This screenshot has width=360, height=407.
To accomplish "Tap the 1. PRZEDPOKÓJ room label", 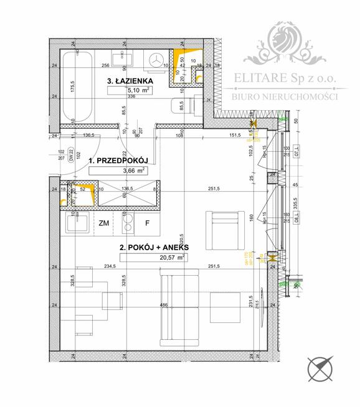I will [117, 161].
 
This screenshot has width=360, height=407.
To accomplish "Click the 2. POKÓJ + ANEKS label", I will [154, 247].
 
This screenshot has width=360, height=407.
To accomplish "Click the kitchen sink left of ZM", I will [75, 222].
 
